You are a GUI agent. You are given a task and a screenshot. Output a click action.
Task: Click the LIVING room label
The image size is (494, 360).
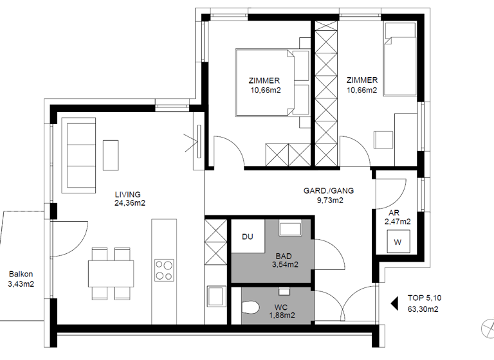click(x=127, y=194)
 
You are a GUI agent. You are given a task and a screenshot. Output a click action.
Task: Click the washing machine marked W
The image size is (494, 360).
click(x=397, y=242)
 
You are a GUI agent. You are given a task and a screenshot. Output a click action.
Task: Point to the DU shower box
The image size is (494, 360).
click(x=247, y=237)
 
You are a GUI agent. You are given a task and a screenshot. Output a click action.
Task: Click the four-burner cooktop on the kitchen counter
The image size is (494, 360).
click(x=164, y=269)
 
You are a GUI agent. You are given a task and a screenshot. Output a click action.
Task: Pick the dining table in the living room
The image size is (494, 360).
click(x=111, y=273)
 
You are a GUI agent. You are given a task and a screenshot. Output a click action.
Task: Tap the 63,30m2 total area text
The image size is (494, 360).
click(x=423, y=309)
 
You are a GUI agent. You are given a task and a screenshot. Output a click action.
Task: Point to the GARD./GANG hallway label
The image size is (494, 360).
click(x=329, y=191)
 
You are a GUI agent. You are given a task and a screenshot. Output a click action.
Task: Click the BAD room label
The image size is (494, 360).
click(x=284, y=255)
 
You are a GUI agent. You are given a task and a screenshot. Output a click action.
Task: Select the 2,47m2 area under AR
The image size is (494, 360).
click(x=398, y=221)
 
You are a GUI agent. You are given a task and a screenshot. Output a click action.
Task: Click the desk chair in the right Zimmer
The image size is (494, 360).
click(x=383, y=140)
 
